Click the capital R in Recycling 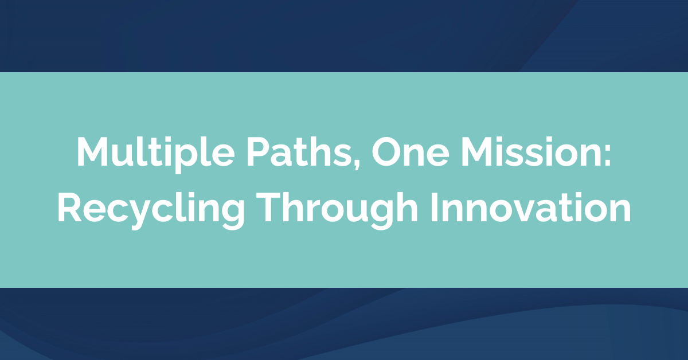[x=69, y=208]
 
